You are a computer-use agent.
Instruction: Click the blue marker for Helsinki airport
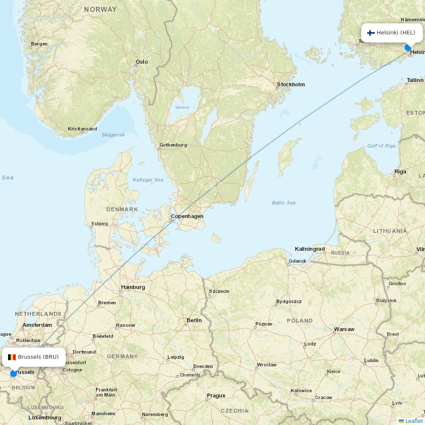408,48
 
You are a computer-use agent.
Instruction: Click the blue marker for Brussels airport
14,373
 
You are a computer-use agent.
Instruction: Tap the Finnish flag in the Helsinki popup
371,33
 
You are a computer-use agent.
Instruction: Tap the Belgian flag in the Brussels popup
12,357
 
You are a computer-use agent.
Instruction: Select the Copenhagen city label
187,216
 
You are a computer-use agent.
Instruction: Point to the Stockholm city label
291,85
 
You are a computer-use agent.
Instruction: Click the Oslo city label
142,62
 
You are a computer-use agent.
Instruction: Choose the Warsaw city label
344,329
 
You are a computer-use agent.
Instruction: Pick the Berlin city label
194,320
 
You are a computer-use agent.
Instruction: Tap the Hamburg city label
133,287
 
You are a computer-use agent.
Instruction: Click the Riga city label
400,172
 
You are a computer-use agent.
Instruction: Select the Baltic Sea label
283,203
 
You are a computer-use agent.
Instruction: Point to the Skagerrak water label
113,135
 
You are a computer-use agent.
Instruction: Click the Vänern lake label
182,108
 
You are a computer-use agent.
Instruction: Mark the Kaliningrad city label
310,249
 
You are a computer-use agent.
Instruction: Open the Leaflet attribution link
414,421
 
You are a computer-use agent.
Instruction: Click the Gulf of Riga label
381,146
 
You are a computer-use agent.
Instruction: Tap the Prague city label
216,396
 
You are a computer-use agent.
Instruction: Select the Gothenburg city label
173,145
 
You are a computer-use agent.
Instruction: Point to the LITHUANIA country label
390,231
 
